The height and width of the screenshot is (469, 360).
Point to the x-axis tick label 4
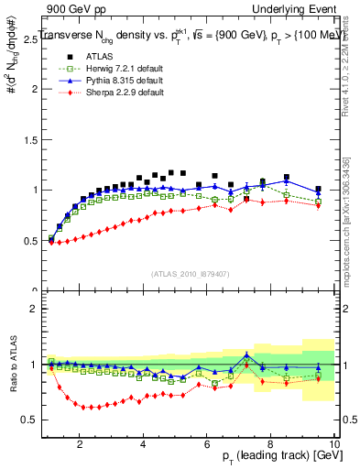pyautogui.click(x=143, y=444)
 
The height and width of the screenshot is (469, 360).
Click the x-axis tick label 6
pyautogui.click(x=207, y=444)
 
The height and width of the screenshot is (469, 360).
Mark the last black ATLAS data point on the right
pyautogui.click(x=318, y=190)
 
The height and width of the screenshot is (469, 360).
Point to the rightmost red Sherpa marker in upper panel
pyautogui.click(x=318, y=205)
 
